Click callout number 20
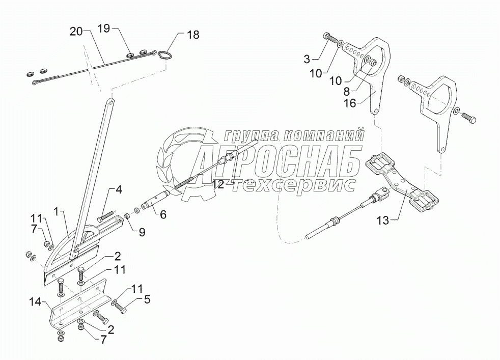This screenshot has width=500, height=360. (75, 32)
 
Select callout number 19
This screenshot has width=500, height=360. (103, 29)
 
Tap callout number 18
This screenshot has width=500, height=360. (193, 35)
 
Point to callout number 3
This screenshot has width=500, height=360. (307, 59)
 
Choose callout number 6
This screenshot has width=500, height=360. (163, 214)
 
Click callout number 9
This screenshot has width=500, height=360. (142, 232)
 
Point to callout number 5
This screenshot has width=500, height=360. (147, 299)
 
